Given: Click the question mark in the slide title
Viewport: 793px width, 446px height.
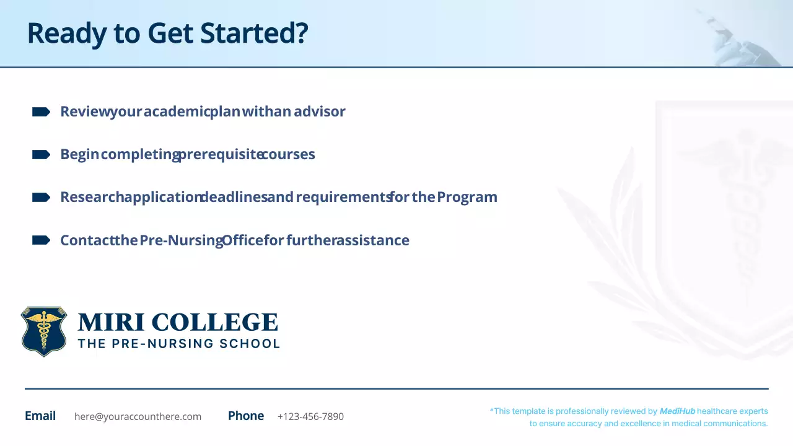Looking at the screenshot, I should pyautogui.click(x=301, y=33).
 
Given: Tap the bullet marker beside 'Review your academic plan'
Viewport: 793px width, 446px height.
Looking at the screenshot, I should pyautogui.click(x=41, y=111).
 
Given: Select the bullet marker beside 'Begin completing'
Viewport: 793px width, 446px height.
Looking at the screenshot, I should pyautogui.click(x=41, y=154).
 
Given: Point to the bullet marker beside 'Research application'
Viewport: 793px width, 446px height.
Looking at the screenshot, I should pyautogui.click(x=41, y=197).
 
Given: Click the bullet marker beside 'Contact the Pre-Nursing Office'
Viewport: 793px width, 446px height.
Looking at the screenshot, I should pyautogui.click(x=41, y=240).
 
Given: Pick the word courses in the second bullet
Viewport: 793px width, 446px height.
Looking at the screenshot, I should pyautogui.click(x=288, y=154).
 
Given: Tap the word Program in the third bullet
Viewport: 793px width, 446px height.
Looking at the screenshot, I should pyautogui.click(x=467, y=197).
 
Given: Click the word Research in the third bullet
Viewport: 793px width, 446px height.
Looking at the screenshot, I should pyautogui.click(x=92, y=197).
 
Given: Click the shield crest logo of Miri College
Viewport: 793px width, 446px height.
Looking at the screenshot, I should pyautogui.click(x=43, y=331).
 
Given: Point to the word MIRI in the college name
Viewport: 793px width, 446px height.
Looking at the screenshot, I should pyautogui.click(x=112, y=322).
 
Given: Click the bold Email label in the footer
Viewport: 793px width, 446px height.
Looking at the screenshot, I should pyautogui.click(x=40, y=416).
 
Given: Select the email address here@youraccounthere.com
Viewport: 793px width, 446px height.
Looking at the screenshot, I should pyautogui.click(x=138, y=416).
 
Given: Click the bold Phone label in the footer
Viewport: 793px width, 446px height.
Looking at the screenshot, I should pyautogui.click(x=246, y=416).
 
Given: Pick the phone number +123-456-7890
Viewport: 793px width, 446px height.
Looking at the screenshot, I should pyautogui.click(x=310, y=416).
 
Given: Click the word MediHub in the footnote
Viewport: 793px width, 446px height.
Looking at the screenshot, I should pyautogui.click(x=677, y=411).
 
